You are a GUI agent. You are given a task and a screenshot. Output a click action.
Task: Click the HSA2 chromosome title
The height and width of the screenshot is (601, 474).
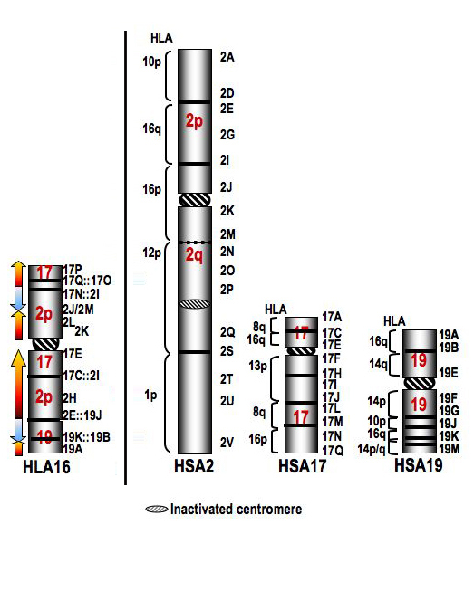(x=194, y=466)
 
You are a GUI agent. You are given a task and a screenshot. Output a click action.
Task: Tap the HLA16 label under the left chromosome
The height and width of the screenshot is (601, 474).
(x=46, y=467)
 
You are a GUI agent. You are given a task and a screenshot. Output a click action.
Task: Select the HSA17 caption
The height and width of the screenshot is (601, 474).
(x=303, y=466)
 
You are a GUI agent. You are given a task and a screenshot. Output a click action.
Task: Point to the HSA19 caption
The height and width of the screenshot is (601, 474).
(x=419, y=465)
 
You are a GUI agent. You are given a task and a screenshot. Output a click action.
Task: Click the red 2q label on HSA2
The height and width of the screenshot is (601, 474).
(x=194, y=255)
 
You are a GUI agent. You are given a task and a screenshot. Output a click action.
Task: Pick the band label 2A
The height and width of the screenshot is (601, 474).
(x=227, y=57)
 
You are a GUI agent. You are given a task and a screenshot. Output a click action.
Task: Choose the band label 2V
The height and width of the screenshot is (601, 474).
(x=227, y=443)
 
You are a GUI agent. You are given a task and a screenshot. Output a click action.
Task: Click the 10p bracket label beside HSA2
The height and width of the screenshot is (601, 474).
(x=151, y=62)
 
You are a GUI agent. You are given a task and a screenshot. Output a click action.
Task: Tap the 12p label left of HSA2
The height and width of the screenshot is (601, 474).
(x=151, y=253)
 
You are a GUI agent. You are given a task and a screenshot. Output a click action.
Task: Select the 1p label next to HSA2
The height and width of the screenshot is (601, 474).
(x=150, y=395)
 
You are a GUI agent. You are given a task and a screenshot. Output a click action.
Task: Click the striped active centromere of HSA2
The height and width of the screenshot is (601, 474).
(x=195, y=200)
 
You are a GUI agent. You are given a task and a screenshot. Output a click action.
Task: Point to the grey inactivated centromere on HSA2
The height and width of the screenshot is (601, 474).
(x=195, y=304)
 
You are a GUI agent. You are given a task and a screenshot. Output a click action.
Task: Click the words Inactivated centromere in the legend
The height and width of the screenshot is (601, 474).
(x=236, y=509)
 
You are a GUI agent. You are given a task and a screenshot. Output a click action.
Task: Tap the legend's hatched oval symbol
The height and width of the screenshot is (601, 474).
(x=157, y=509)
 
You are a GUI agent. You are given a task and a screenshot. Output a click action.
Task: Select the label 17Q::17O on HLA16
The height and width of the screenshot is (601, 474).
(x=87, y=281)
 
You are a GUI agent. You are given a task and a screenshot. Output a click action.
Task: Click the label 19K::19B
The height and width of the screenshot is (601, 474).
(x=86, y=437)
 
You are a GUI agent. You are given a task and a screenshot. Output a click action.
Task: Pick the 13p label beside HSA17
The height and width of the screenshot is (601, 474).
(x=257, y=366)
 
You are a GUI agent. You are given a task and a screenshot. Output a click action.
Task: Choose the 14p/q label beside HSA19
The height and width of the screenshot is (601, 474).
(x=372, y=448)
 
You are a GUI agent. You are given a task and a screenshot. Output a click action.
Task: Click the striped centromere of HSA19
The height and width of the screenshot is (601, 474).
(x=420, y=384)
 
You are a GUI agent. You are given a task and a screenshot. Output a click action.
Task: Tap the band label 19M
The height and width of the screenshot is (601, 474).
(x=449, y=448)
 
